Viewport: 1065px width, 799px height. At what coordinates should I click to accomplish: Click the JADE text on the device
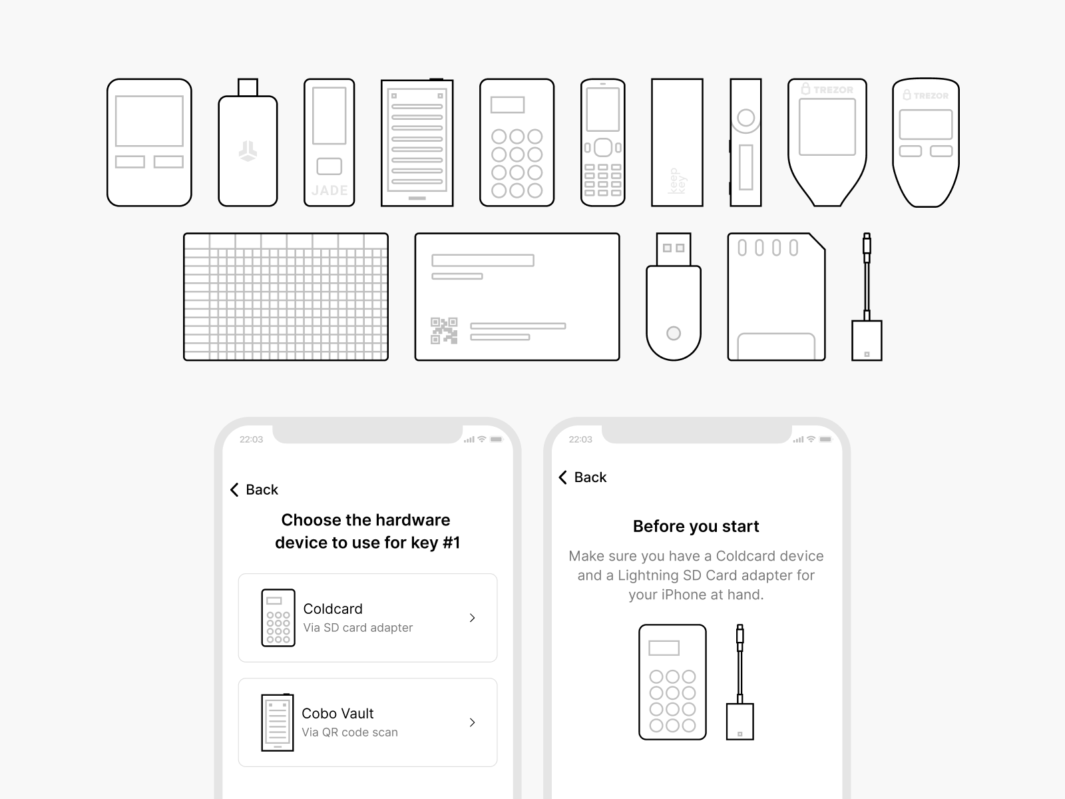coord(329,190)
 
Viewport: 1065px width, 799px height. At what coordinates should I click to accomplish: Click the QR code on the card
coord(444,331)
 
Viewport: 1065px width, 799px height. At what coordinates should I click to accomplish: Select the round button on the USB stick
coord(674,334)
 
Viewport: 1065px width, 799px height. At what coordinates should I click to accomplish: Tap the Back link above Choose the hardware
coord(254,489)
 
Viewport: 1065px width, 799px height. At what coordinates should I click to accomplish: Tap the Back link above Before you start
coord(582,477)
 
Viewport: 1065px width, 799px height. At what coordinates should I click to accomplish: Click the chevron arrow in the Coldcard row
coord(472,618)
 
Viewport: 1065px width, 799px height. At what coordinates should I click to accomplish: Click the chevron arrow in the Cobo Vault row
coord(472,722)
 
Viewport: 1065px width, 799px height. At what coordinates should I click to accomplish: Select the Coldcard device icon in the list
coord(278,618)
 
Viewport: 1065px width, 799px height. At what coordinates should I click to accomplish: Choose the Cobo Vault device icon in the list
coord(278,722)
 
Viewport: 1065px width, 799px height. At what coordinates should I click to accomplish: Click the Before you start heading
coord(696,527)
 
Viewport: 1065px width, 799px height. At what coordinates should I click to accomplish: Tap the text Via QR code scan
coord(350,732)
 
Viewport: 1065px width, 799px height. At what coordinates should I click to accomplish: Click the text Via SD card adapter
coord(358,628)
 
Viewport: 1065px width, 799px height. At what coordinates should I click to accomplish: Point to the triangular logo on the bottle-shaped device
coord(248,151)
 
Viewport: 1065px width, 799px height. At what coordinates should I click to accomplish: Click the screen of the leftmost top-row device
coord(150,121)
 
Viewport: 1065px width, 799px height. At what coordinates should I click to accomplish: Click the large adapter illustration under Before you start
coord(740,682)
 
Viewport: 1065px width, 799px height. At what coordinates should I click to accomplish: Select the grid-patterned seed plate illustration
coord(286,297)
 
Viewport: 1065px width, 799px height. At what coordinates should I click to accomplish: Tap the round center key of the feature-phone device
coord(603,147)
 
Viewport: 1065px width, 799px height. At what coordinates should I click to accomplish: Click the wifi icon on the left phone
coord(482,439)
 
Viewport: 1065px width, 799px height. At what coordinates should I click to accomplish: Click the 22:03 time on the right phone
coord(580,439)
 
